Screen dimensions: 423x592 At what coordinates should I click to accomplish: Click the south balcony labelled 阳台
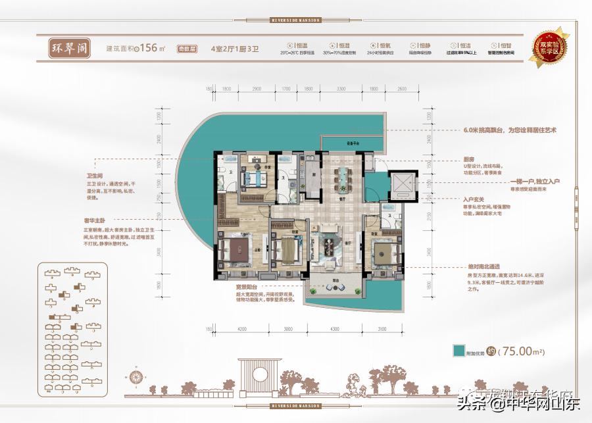tap(335, 285)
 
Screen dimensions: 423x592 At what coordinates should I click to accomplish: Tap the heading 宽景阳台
tap(246, 287)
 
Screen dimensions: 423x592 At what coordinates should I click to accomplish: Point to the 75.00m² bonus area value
tap(524, 351)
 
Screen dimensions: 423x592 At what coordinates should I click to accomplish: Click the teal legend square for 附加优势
tap(458, 351)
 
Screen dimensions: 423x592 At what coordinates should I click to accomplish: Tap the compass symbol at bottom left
tap(137, 377)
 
